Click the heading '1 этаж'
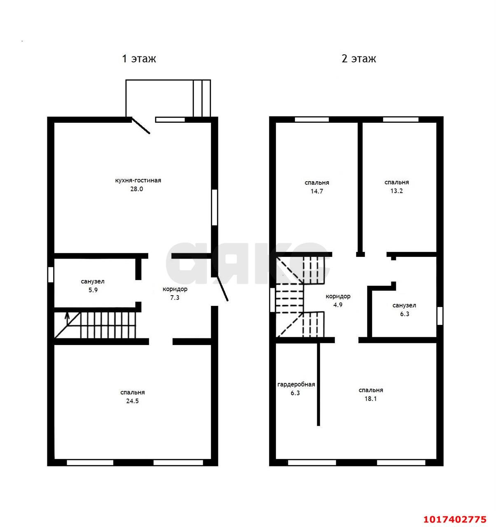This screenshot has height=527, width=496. tap(138, 58)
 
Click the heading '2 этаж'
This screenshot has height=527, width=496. tap(358, 58)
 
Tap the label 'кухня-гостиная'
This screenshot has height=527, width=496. tap(138, 180)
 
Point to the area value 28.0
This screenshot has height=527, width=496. tap(136, 189)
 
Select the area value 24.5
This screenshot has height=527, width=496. tap(132, 401)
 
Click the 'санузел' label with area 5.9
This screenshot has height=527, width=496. tap(93, 281)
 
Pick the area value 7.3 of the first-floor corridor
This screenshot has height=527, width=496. tap(175, 297)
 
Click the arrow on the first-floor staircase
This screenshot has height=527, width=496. tap(67, 318)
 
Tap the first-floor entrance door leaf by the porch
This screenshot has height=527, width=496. tap(141, 126)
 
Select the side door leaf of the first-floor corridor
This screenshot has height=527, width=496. tap(222, 289)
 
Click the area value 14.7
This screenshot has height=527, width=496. tap(317, 191)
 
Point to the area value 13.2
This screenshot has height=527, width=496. tap(396, 191)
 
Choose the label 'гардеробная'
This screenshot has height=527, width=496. tap(296, 385)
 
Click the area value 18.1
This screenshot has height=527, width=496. tap(371, 399)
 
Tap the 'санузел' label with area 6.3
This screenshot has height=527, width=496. tap(404, 305)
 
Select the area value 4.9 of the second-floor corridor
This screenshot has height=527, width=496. tap(338, 305)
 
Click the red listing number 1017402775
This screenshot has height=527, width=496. tap(455, 519)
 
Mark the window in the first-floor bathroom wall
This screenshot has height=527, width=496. tap(50, 275)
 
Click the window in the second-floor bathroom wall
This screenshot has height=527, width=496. tap(440, 316)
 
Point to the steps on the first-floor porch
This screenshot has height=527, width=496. tap(202, 98)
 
